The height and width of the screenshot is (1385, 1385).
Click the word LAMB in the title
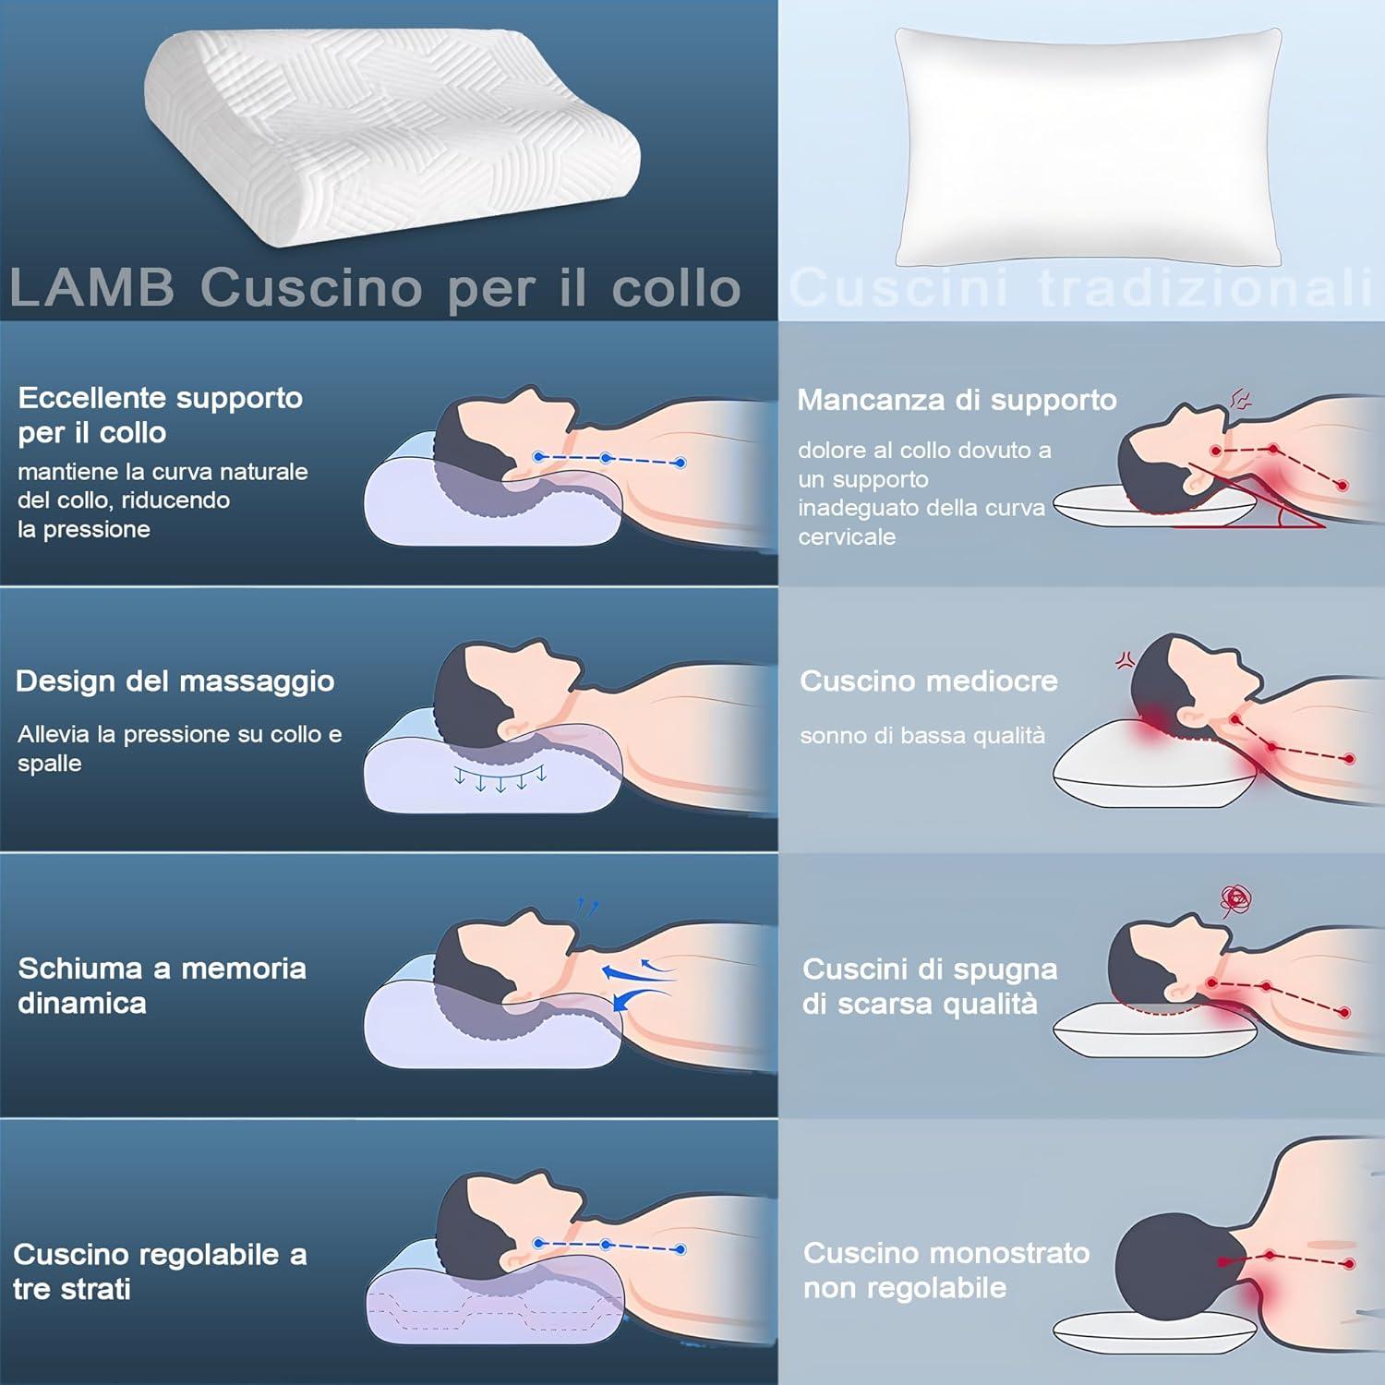click(x=91, y=287)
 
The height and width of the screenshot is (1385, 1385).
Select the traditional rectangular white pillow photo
click(x=1088, y=146)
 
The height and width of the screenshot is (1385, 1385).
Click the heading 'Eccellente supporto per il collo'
click(x=161, y=415)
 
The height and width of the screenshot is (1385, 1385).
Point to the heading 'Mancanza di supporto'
click(x=957, y=400)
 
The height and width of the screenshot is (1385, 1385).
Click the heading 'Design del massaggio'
click(x=175, y=681)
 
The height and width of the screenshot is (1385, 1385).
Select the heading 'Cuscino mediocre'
click(x=929, y=681)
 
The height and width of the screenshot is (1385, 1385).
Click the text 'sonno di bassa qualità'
click(x=922, y=736)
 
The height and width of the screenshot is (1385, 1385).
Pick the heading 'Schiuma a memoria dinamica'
click(x=163, y=985)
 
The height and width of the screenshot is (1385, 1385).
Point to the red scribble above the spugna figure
click(x=1235, y=898)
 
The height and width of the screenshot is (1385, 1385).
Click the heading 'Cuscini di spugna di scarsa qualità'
click(x=930, y=986)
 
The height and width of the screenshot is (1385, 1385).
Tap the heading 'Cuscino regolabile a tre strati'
click(x=160, y=1271)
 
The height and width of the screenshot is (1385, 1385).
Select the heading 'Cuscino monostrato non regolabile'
click(x=946, y=1271)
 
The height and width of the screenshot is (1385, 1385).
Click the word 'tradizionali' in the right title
click(x=1206, y=287)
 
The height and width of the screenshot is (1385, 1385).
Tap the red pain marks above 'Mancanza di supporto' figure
click(x=1241, y=400)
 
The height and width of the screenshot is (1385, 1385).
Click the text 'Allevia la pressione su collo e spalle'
click(x=180, y=749)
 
